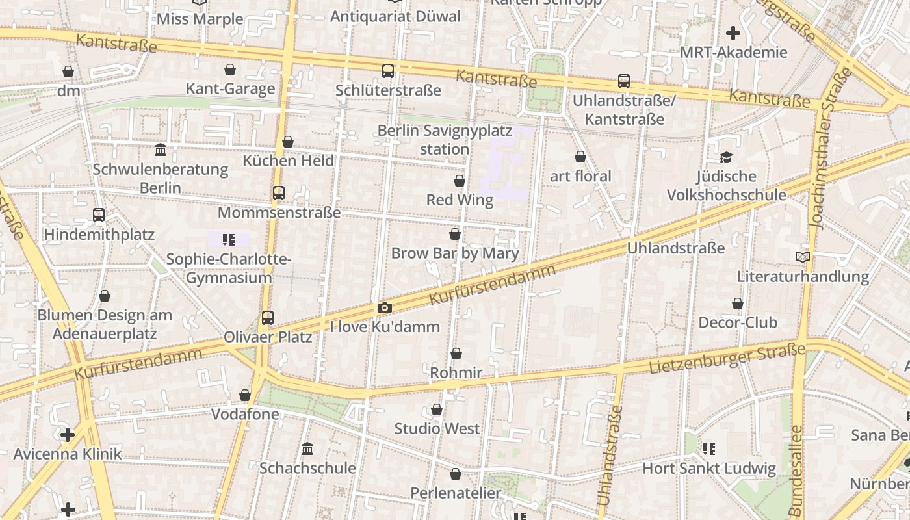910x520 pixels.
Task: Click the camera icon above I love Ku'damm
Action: click(x=385, y=308)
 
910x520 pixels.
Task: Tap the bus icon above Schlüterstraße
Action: click(x=388, y=71)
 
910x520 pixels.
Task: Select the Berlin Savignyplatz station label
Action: click(x=445, y=140)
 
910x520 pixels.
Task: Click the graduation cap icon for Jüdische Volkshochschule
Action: click(x=726, y=157)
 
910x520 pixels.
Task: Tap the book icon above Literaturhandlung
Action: click(x=803, y=257)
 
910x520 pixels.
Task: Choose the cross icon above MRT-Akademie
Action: click(x=733, y=33)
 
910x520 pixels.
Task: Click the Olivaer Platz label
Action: click(x=268, y=337)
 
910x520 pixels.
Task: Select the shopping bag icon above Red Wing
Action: click(x=460, y=181)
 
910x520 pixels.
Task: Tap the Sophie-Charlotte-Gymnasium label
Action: click(x=228, y=268)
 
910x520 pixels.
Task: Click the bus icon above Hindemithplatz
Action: click(x=99, y=215)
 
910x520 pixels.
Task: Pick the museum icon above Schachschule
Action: click(x=307, y=448)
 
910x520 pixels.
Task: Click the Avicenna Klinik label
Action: click(x=68, y=454)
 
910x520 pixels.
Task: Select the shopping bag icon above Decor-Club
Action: click(x=738, y=304)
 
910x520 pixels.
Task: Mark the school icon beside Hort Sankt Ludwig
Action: click(x=709, y=448)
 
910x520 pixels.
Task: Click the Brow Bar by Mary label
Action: click(x=455, y=253)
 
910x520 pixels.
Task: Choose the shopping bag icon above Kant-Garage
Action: click(x=230, y=70)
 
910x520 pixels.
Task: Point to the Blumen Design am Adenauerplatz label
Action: click(x=105, y=324)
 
